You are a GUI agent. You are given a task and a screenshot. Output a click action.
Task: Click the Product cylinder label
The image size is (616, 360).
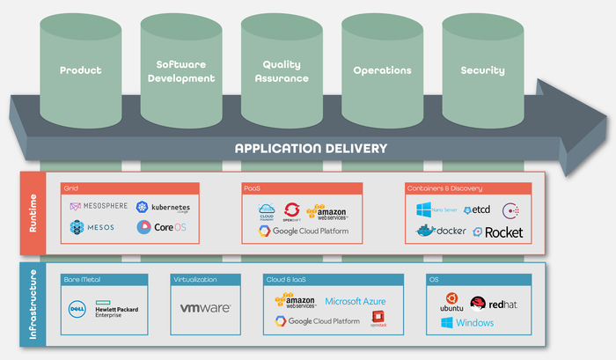tap(81, 70)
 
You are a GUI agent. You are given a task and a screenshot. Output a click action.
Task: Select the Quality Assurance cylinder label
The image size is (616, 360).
tap(285, 71)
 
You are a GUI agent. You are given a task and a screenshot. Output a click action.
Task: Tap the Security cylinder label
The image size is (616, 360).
tap(482, 70)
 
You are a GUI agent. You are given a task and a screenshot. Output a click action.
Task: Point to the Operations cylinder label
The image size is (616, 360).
tap(382, 70)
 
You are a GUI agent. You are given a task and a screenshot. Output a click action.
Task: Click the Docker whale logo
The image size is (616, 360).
tap(441, 231)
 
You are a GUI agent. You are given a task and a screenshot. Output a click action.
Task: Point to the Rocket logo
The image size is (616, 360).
tap(497, 232)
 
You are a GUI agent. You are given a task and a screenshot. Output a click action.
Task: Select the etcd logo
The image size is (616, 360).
tap(476, 209)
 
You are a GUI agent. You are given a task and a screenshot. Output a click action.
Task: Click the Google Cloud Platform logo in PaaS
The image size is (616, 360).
tap(304, 231)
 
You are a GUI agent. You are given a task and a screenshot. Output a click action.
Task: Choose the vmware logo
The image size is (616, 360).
tap(205, 309)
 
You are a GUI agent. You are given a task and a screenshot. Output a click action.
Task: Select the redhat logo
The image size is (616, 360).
tap(491, 304)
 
